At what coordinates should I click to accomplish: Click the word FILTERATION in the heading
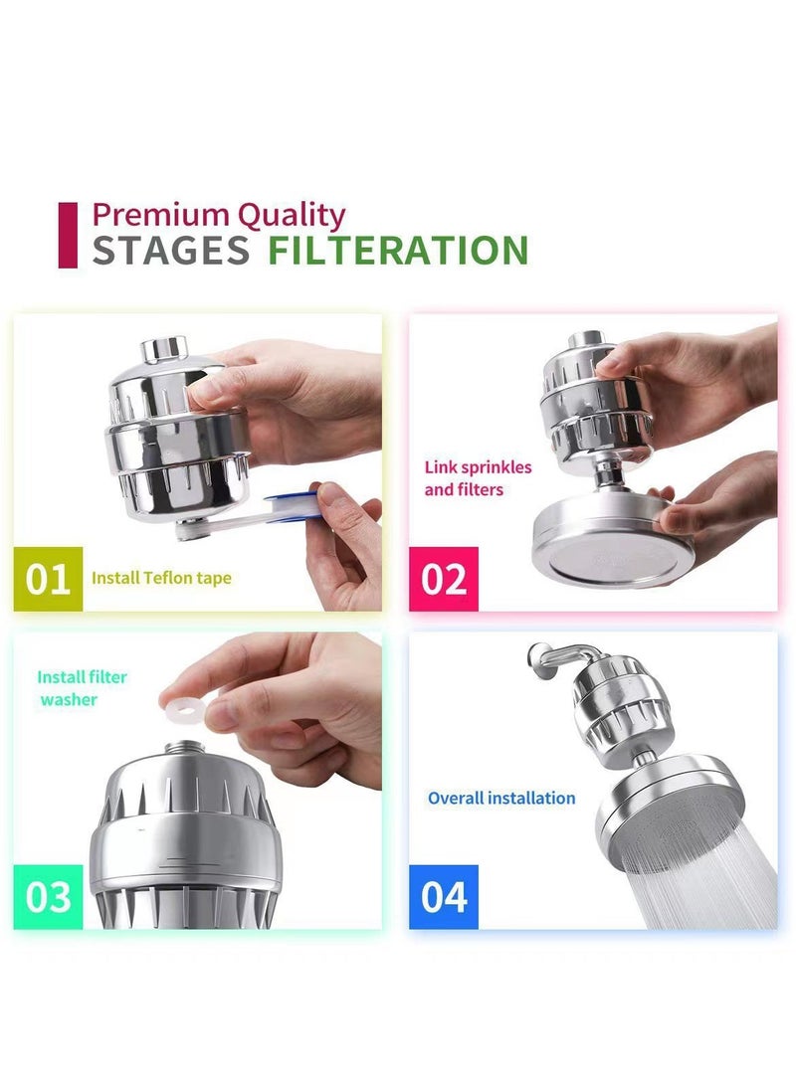398,250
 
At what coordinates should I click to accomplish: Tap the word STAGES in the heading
170,251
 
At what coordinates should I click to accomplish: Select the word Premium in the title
161,215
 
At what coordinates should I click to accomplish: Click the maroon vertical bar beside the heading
68,235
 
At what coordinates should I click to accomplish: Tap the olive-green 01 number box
48,579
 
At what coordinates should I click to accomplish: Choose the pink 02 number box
443,579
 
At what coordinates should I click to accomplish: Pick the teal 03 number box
48,897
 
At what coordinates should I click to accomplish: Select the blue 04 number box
443,897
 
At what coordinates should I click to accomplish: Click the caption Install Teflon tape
161,578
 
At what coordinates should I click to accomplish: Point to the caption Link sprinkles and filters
478,478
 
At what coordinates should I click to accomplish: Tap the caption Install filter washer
82,688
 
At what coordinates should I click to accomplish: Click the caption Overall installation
501,798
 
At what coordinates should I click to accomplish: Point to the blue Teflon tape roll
296,504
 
